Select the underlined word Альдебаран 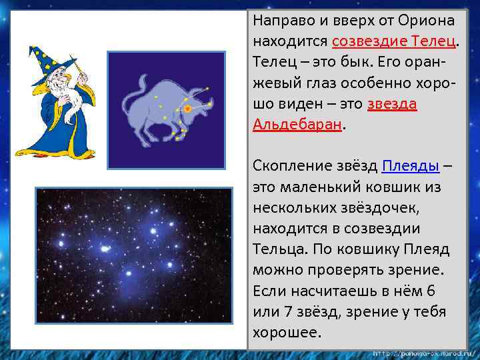click(x=297, y=125)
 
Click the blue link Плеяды click(x=410, y=166)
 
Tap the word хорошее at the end click(x=287, y=332)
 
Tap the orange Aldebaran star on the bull click(x=188, y=108)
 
